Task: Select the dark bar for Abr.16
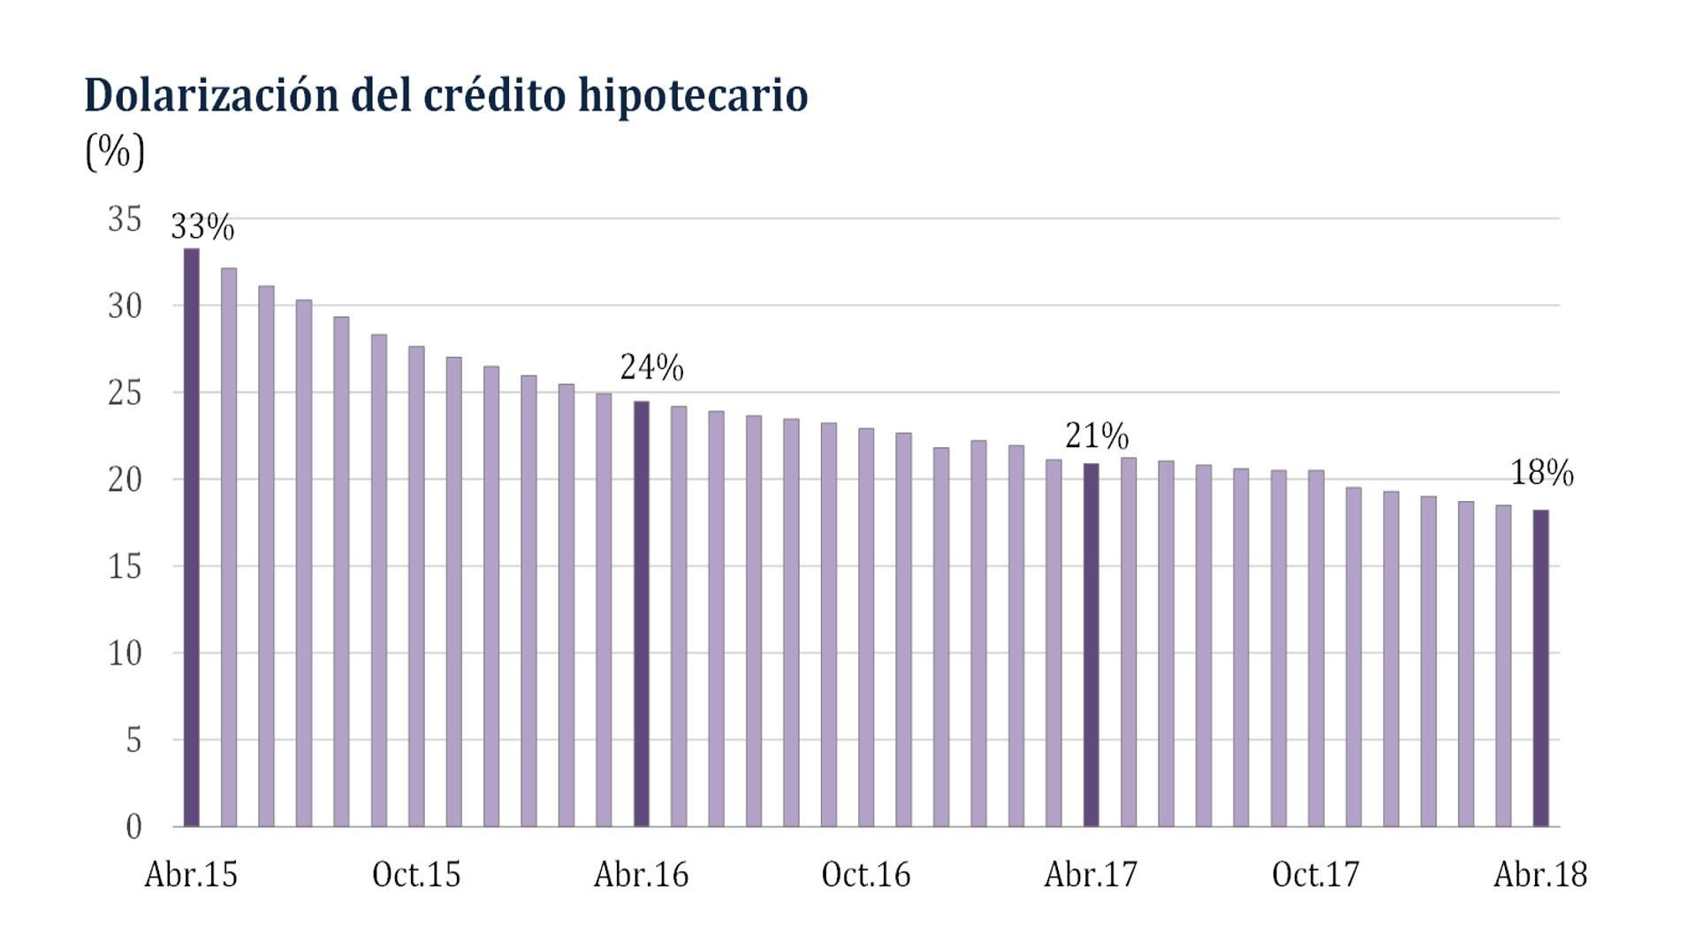(641, 614)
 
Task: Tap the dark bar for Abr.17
(1091, 645)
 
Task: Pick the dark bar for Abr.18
(1540, 668)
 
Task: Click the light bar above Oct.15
(416, 587)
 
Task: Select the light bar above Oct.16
(866, 627)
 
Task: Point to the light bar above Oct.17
(1316, 649)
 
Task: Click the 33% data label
(202, 227)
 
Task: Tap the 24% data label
(652, 367)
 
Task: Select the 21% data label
(1097, 436)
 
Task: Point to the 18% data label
(1542, 473)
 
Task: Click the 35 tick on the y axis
(125, 219)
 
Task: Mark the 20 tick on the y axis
(125, 480)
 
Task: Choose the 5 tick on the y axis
(133, 741)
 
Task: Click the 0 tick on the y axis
(133, 827)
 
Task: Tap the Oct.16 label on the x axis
(865, 875)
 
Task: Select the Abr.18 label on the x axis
(1540, 875)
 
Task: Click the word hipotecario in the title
(693, 95)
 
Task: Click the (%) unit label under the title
(115, 152)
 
